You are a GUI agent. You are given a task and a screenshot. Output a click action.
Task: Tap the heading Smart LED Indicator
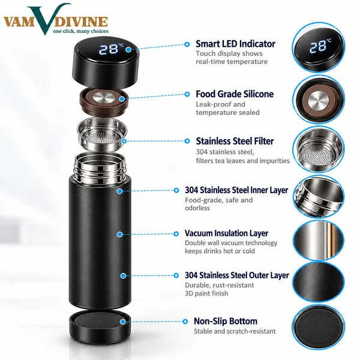click(235, 44)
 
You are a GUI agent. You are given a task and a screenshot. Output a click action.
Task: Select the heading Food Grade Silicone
click(235, 94)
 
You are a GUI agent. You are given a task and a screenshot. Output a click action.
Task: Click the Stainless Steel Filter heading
click(235, 141)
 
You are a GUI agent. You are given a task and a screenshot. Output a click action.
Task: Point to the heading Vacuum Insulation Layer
click(226, 233)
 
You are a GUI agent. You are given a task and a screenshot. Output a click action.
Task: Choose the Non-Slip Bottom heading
click(226, 321)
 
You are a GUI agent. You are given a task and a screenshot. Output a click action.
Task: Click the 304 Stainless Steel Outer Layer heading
click(237, 275)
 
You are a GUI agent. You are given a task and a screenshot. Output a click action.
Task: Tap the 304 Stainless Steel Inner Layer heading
click(236, 190)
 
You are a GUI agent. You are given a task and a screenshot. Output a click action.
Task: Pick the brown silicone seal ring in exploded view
click(104, 103)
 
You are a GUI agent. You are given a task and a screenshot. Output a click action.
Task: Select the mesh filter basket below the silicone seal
click(102, 135)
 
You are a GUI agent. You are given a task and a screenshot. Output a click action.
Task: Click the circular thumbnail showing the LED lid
click(319, 47)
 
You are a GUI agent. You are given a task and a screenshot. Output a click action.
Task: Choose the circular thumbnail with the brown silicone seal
click(319, 100)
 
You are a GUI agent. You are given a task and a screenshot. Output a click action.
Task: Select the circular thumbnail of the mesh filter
click(319, 149)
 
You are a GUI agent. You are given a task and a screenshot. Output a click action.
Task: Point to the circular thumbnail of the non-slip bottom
click(319, 328)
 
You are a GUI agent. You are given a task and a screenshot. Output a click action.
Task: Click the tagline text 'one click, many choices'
click(80, 31)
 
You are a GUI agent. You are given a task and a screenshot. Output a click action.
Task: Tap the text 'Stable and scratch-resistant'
click(235, 331)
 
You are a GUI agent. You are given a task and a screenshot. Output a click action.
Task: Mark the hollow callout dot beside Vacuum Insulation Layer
click(176, 234)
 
